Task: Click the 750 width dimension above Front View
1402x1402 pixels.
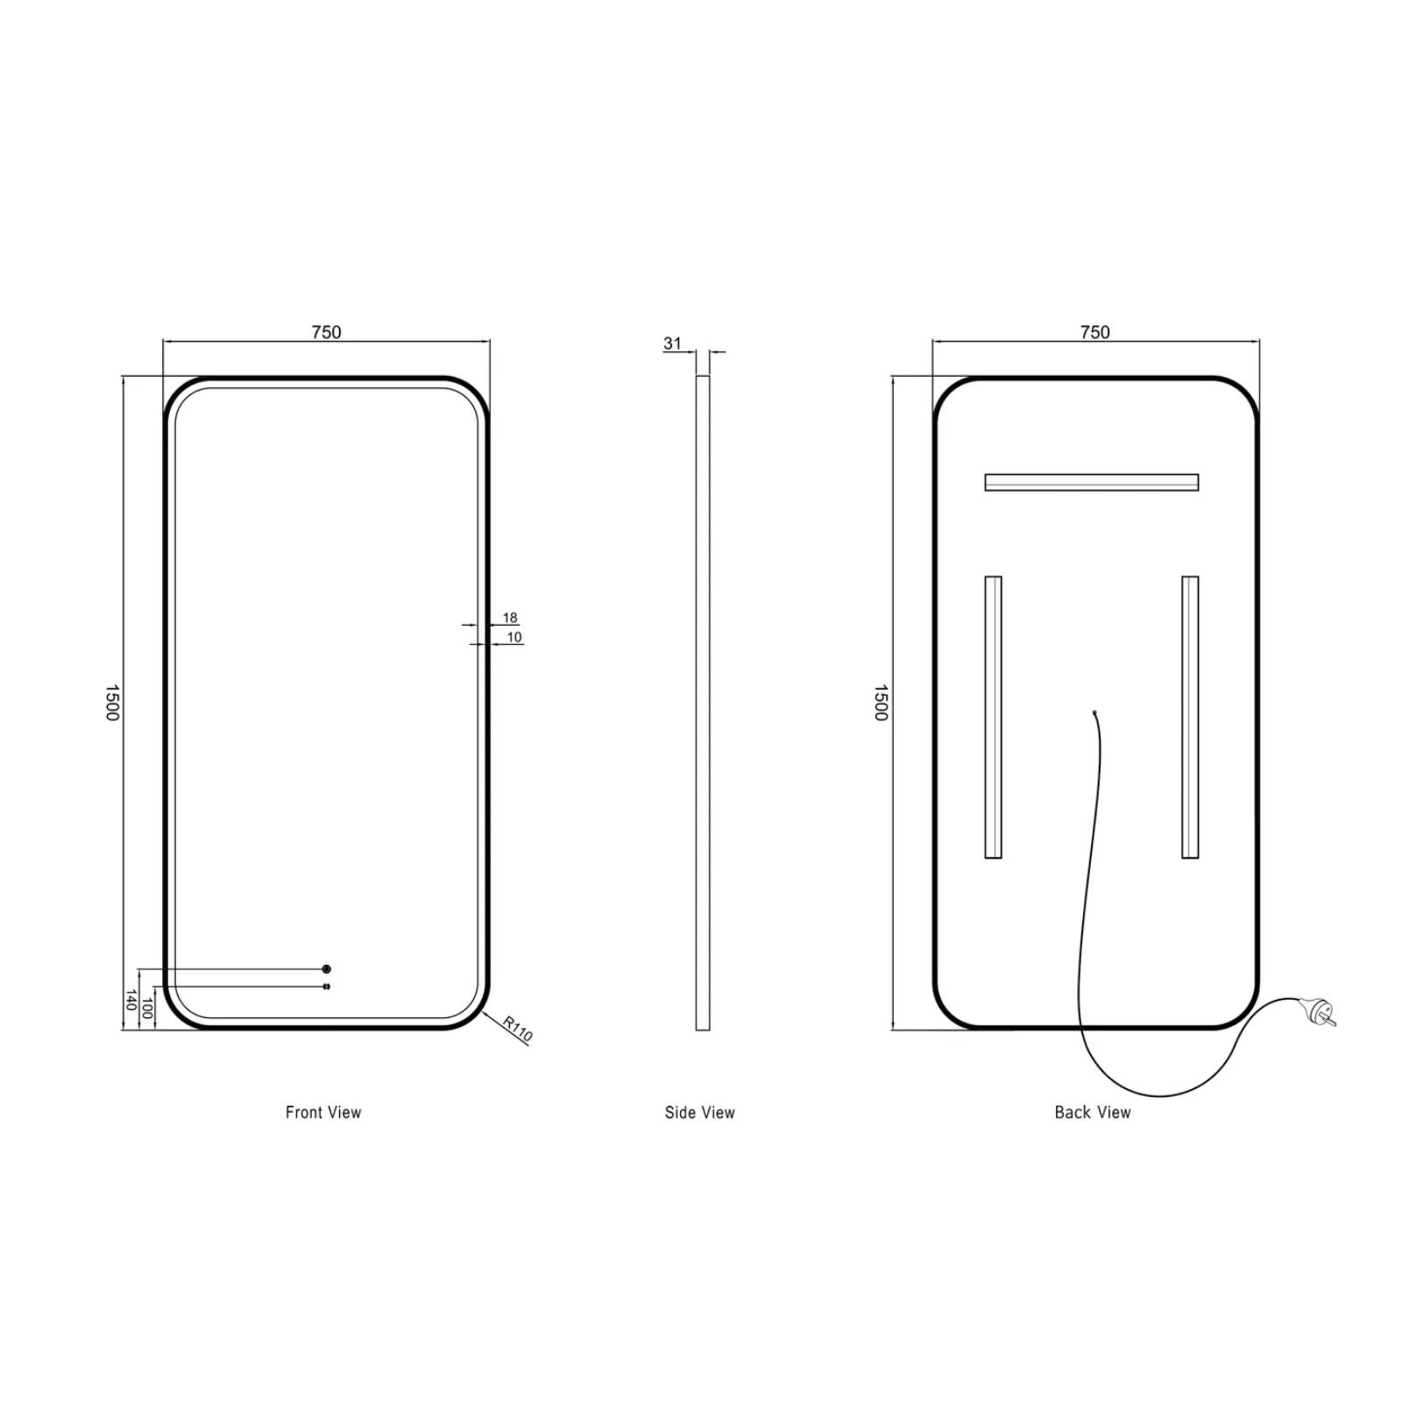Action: tap(326, 332)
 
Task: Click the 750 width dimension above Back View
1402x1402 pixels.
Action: tap(1094, 332)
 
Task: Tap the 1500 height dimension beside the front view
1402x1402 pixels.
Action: tap(112, 703)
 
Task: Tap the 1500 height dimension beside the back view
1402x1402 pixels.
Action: tap(881, 703)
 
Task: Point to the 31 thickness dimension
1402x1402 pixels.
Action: tap(672, 343)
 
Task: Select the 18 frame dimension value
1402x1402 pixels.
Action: tap(510, 618)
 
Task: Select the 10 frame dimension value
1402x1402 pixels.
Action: tap(514, 637)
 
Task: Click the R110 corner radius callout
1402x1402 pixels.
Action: tap(517, 1028)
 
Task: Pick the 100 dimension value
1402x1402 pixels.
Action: tap(147, 1008)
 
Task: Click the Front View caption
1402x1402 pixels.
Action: tap(323, 1112)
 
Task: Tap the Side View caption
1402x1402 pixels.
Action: tap(699, 1112)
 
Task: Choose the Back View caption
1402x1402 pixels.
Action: tap(1093, 1112)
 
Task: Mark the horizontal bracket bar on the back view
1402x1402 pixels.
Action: tap(1091, 482)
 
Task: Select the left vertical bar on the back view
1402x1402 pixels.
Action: tap(993, 717)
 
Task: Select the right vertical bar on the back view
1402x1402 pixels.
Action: tap(1190, 717)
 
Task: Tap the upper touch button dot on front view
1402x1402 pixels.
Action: tap(327, 969)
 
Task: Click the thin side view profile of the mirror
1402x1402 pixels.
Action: tap(703, 701)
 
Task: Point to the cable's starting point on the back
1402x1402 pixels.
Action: tap(1095, 712)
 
